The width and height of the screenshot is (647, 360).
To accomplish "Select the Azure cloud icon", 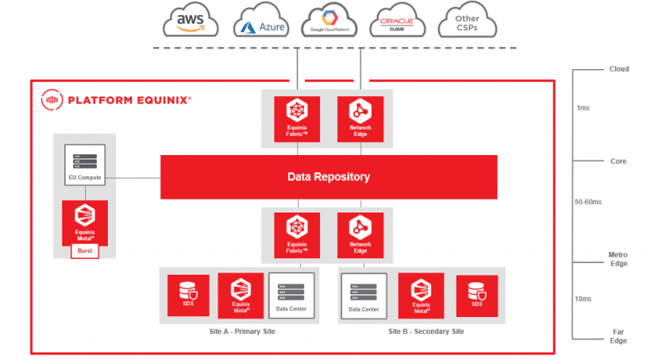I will [263, 24].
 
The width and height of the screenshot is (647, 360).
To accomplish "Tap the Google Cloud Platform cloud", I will [329, 22].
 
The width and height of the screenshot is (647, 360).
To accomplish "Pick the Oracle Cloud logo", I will [395, 22].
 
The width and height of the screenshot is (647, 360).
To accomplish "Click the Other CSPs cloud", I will [466, 22].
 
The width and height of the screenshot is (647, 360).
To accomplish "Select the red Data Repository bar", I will [329, 177].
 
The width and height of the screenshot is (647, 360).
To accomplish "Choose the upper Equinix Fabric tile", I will [296, 119].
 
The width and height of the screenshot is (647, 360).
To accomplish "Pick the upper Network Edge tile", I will [361, 119].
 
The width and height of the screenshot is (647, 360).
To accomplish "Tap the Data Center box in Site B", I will [364, 296].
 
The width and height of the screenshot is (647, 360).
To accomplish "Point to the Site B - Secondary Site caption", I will [426, 331].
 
